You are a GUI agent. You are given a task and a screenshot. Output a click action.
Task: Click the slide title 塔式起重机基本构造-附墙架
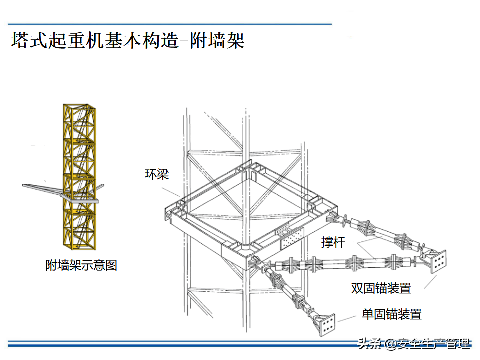coord(128,40)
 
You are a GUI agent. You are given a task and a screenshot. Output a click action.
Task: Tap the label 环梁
coord(157,174)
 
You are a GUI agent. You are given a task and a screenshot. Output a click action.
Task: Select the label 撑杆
coord(333,242)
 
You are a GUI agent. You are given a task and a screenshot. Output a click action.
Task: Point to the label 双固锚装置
coord(381,288)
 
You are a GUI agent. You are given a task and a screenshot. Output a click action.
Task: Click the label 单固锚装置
coord(392,314)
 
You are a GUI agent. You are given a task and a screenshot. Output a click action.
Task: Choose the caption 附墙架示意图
coord(81,265)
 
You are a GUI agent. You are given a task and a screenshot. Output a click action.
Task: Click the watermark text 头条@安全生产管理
coord(414,343)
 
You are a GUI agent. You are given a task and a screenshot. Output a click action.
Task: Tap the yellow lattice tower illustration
coord(79,177)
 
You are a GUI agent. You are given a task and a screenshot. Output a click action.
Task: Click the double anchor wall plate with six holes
coord(438,261)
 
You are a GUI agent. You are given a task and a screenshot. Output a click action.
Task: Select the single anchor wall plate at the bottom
coord(327,325)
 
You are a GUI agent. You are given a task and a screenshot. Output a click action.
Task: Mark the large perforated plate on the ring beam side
coord(292,239)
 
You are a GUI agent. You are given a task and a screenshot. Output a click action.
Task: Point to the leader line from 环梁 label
coord(170,192)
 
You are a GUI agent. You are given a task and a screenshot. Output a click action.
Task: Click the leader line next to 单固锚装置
coord(347,319)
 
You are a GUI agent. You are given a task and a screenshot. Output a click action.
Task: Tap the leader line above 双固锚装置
coord(430,282)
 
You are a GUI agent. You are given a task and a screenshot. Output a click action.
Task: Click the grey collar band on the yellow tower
coord(80,198)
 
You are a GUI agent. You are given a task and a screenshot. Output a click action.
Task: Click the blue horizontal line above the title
coord(170,24)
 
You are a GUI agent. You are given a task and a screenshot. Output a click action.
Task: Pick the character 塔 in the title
coord(20,40)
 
